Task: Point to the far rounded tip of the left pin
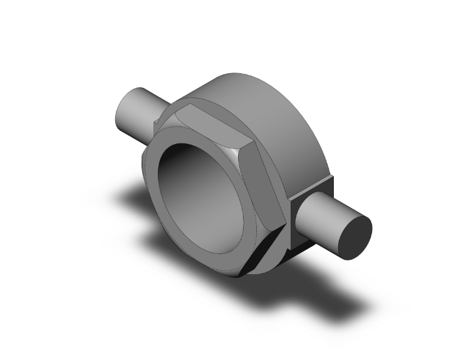tap(122, 114)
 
